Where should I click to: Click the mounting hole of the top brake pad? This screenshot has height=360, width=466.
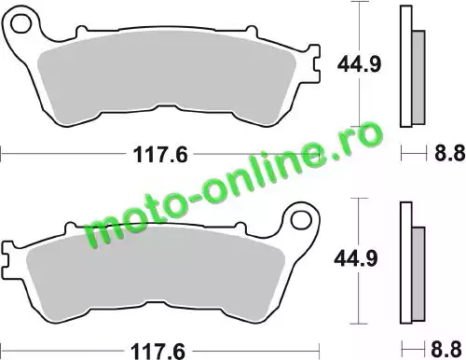pyautogui.click(x=21, y=23)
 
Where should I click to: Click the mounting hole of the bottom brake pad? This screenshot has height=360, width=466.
pyautogui.click(x=301, y=220)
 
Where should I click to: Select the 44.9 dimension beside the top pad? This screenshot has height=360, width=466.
pyautogui.click(x=359, y=64)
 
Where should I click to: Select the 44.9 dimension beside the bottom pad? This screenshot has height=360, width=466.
pyautogui.click(x=356, y=258)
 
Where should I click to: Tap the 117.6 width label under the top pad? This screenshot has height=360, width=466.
pyautogui.click(x=160, y=155)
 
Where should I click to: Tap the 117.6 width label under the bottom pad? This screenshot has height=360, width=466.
pyautogui.click(x=158, y=351)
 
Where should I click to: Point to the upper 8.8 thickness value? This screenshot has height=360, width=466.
pyautogui.click(x=449, y=153)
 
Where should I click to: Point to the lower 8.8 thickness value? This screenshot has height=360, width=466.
pyautogui.click(x=446, y=349)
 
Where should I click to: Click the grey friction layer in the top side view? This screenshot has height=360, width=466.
pyautogui.click(x=418, y=77)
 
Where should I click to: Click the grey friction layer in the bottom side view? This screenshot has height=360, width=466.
pyautogui.click(x=418, y=274)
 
